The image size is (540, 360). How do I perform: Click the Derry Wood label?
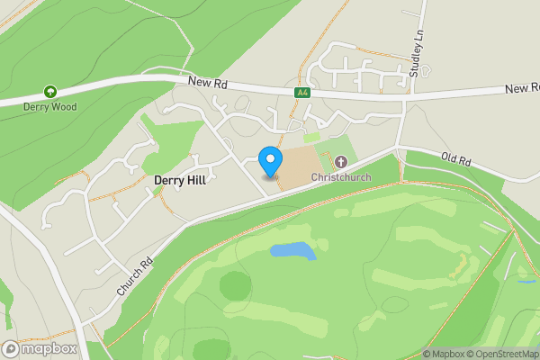(x=50, y=106)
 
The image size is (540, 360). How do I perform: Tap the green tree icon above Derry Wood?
(x=50, y=92)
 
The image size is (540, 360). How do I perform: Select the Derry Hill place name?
(x=180, y=180)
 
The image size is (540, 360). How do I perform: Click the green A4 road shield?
(x=303, y=93)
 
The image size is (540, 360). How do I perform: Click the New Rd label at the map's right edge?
(x=521, y=89)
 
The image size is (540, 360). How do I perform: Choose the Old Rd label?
(x=456, y=160)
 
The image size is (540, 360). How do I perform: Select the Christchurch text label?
(x=341, y=177)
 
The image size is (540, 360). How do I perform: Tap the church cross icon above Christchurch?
(x=341, y=162)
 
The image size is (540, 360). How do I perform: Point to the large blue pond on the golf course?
(x=292, y=250)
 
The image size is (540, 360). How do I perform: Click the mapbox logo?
(x=39, y=348)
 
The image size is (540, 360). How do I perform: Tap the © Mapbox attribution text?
(x=446, y=354)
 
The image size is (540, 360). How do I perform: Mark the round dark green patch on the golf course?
(x=235, y=286)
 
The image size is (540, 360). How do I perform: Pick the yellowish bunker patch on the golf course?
(x=464, y=264)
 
